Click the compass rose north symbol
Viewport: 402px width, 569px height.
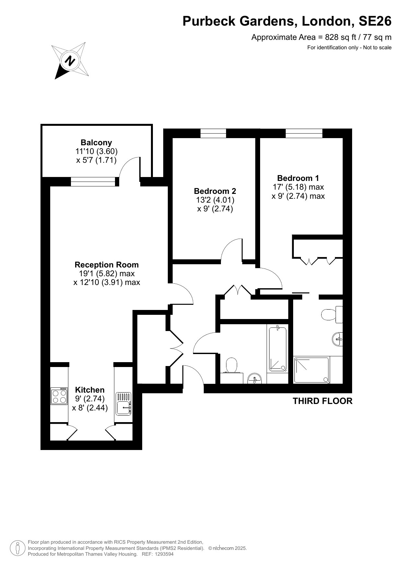[x=70, y=61]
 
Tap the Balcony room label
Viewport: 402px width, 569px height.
[x=96, y=143]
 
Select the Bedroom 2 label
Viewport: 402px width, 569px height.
[x=215, y=191]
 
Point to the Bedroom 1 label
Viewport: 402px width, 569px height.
[x=298, y=178]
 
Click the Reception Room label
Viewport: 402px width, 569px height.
[x=107, y=265]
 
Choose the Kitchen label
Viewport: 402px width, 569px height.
[x=90, y=390]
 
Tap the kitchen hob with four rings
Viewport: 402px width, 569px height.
[x=59, y=396]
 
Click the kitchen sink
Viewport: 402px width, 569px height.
[x=123, y=404]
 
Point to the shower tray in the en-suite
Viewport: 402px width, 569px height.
[x=311, y=370]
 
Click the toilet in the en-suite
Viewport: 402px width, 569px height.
[x=332, y=314]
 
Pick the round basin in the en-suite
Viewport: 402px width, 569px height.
[x=338, y=339]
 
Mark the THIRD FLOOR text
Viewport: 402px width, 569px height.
[x=323, y=401]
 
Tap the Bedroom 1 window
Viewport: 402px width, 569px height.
[x=304, y=133]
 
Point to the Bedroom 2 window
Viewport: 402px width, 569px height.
[x=213, y=133]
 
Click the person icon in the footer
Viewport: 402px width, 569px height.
[x=18, y=548]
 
